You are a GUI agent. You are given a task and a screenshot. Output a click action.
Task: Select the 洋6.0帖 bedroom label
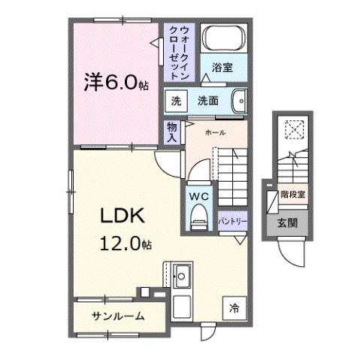coord(116,80)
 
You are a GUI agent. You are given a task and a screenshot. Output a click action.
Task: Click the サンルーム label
coord(119,316)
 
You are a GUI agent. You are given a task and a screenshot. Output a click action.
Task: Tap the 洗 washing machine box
coord(175,101)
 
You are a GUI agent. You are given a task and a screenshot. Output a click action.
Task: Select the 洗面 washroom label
coord(207,101)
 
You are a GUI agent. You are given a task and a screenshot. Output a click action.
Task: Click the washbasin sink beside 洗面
coord(238,101)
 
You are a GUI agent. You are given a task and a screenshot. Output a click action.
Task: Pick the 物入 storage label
coord(172,132)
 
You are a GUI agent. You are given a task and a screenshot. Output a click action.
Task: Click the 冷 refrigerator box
coord(234,307)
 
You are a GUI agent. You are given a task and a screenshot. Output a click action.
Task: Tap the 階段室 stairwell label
coord(292,195)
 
